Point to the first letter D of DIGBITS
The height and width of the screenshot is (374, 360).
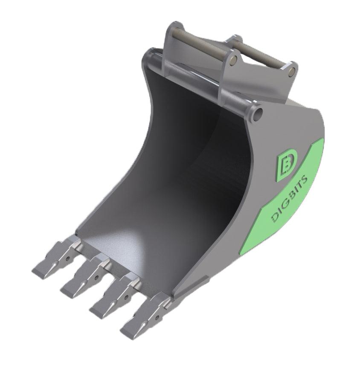(x=275, y=218)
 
